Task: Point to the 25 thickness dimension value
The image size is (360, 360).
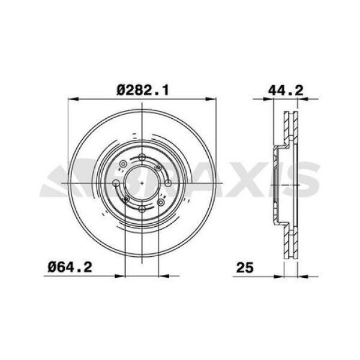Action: click(x=244, y=268)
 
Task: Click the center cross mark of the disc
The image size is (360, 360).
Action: click(x=142, y=182)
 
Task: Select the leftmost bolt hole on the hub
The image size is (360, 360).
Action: click(x=116, y=182)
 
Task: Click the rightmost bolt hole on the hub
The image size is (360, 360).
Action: click(x=167, y=182)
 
